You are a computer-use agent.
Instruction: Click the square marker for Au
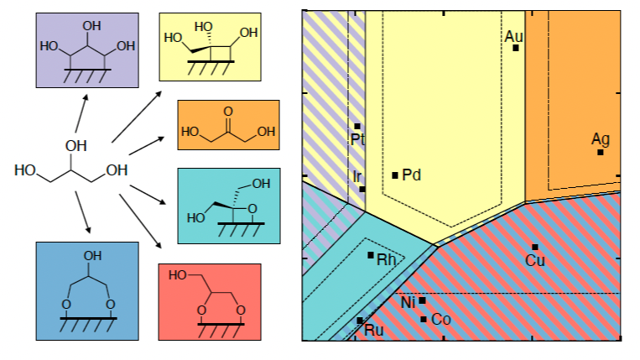coord(516,48)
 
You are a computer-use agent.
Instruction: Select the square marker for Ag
coord(601,152)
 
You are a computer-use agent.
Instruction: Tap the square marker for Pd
coord(396,175)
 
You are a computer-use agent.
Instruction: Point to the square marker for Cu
coord(535,247)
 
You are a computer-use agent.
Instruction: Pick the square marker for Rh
coord(371,254)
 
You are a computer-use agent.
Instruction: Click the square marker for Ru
coord(360,321)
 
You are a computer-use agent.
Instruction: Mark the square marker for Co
coord(424,319)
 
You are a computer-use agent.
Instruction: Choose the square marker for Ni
coord(423,300)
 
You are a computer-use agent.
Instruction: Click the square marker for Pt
coord(357,127)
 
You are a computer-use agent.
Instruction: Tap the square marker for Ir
coord(362,189)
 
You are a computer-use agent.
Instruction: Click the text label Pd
coord(411,175)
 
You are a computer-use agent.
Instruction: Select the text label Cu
coord(535,261)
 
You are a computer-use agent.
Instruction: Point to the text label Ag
coord(601,138)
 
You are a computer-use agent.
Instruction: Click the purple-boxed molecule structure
coord(86,50)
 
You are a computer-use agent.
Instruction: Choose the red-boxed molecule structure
coord(210,300)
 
